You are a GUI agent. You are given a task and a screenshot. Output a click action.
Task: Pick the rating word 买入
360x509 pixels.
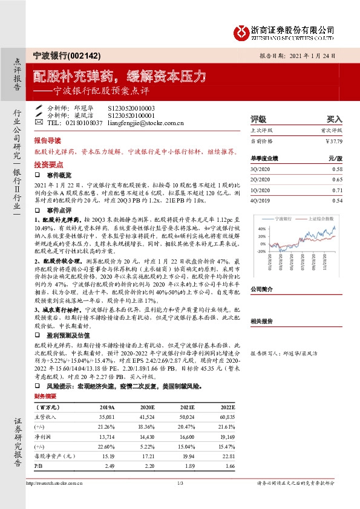pos(335,119)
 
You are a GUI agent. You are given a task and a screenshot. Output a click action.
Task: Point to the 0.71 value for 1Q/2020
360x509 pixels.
pos(338,190)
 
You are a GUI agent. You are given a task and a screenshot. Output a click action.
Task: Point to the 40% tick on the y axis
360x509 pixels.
pos(261,229)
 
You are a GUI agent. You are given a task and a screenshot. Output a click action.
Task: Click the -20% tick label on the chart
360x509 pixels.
pos(261,250)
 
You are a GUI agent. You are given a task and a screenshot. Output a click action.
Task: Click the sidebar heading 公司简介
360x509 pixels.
pos(262,289)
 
